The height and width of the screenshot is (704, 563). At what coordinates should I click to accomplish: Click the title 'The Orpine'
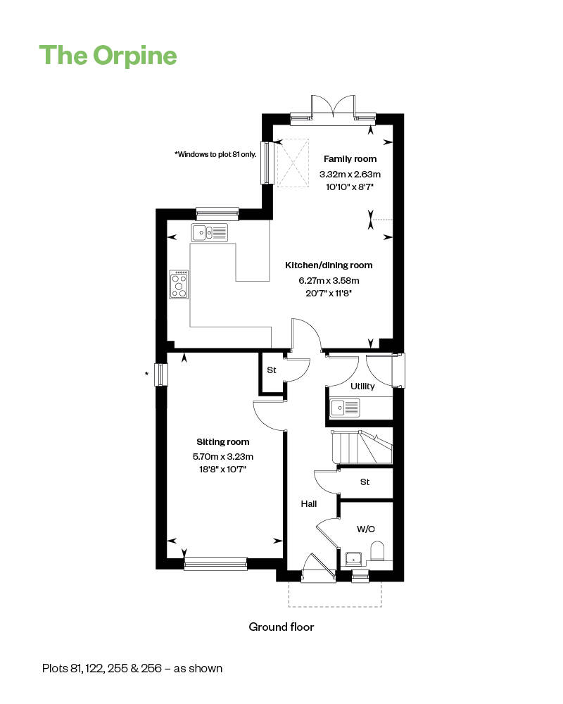pos(108,56)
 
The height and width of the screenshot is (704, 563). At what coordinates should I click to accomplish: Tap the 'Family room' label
pos(350,159)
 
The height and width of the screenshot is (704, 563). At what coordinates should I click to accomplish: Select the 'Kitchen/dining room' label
pos(329,265)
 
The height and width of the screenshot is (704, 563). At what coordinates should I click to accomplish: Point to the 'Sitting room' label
pos(223,442)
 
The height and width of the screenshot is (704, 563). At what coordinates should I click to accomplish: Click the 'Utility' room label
pos(362,386)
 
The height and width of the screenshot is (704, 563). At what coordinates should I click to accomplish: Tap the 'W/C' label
pos(366,529)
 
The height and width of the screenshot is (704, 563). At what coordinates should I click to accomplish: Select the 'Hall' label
pos(309,504)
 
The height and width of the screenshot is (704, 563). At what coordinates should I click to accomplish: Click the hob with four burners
pos(179,284)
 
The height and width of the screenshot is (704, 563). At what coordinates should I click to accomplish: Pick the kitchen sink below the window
pos(210,232)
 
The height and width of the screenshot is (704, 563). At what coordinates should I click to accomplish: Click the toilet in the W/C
pos(378,551)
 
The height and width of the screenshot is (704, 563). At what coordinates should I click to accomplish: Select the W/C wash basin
pos(355,558)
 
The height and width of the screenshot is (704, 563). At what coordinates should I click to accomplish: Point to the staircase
pos(362,447)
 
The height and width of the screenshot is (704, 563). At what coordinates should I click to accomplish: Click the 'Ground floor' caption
pos(281,627)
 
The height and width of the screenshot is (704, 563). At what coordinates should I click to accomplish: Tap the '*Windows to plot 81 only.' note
pos(215,154)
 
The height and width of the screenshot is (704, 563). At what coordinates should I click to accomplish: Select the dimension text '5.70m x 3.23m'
pos(223,457)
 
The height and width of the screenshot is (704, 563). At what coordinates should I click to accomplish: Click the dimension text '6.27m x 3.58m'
pos(329,281)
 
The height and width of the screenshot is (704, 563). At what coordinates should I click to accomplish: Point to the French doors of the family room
pos(333,107)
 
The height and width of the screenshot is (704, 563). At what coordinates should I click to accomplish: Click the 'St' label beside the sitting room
pos(272,370)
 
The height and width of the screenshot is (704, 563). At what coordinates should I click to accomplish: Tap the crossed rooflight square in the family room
pos(293,163)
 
